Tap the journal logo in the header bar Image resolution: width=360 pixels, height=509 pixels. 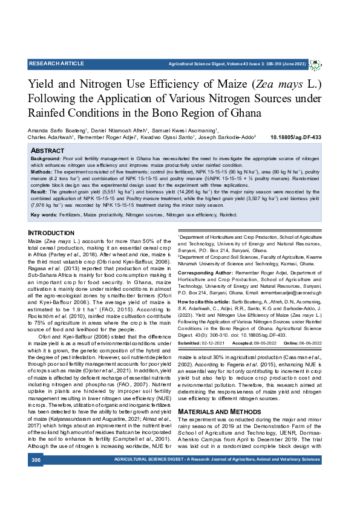pos(319,63)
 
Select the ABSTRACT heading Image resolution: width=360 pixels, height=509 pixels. pos(47,150)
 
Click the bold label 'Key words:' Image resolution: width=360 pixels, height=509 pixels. pos(44,215)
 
